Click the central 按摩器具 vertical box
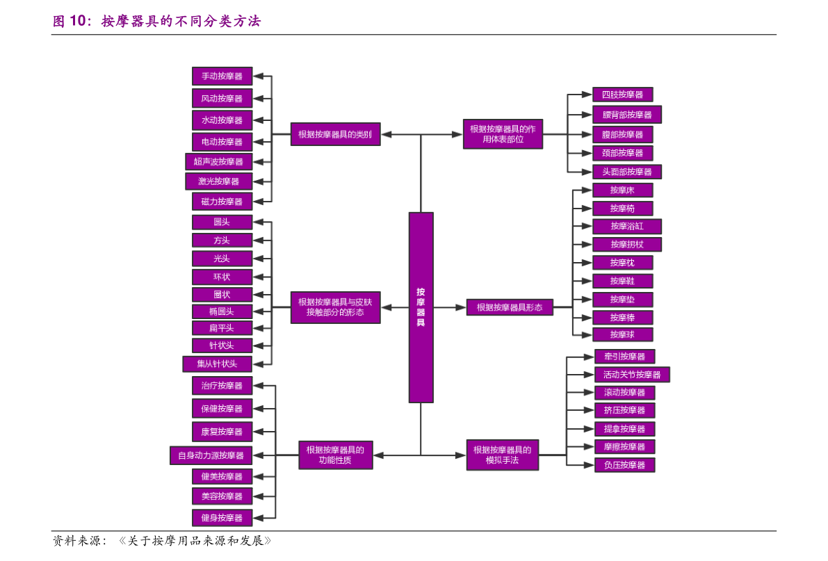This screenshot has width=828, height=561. click(x=421, y=307)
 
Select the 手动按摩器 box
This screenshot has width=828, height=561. click(x=222, y=76)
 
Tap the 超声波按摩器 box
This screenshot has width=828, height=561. click(x=218, y=162)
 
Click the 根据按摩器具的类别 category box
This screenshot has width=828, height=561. click(x=335, y=134)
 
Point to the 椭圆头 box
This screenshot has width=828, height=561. click(x=222, y=311)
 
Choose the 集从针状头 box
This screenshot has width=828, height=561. click(x=217, y=364)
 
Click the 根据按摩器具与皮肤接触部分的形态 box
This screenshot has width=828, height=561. click(x=335, y=307)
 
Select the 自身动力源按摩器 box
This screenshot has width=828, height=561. click(x=211, y=455)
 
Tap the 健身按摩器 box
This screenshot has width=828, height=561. click(x=222, y=518)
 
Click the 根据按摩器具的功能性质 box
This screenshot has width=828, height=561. click(x=335, y=455)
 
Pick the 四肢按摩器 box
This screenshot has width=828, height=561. click(x=623, y=95)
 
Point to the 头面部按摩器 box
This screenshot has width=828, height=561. click(x=627, y=172)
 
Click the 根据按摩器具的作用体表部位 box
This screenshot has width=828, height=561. click(x=503, y=134)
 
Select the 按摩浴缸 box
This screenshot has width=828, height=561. click(x=627, y=226)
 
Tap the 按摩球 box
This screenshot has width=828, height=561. click(x=623, y=334)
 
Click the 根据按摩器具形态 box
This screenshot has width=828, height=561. click(x=510, y=307)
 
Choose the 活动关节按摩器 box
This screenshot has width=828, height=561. click(x=632, y=375)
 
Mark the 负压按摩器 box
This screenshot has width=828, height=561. click(x=625, y=465)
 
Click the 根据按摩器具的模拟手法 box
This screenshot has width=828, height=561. click(x=503, y=455)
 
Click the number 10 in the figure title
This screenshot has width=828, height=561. click(x=77, y=21)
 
